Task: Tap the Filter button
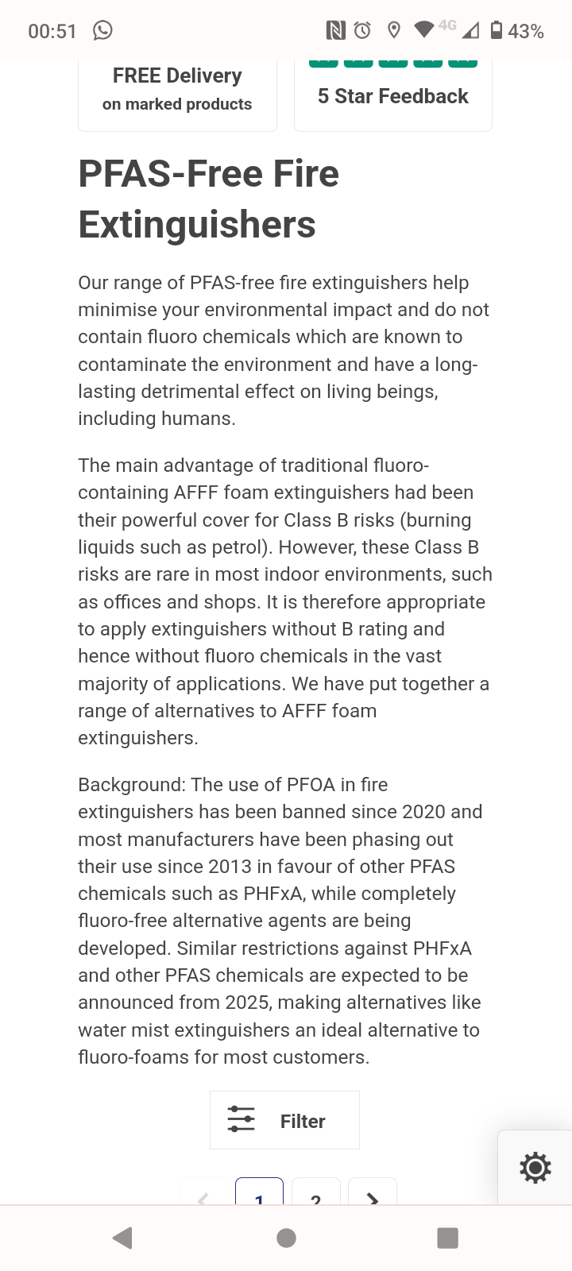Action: [x=284, y=1120]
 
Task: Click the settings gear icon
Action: [x=535, y=1168]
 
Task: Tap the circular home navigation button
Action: [x=286, y=1238]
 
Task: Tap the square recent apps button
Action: [x=448, y=1238]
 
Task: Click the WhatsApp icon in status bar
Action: [x=102, y=30]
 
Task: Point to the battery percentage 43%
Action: [x=526, y=32]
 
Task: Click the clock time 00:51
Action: [x=52, y=32]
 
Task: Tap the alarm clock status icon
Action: [x=362, y=30]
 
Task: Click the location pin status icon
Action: [x=393, y=30]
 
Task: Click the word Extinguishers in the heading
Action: [x=197, y=225]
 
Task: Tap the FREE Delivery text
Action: [x=177, y=76]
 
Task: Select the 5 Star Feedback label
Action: [x=393, y=96]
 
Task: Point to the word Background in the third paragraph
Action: [x=131, y=785]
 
